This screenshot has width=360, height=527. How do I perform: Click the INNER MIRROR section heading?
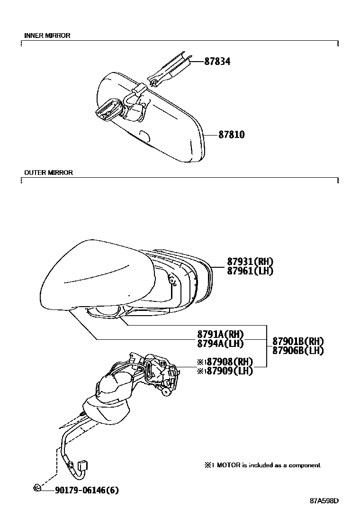click(x=47, y=36)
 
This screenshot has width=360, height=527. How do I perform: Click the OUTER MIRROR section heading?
click(x=48, y=173)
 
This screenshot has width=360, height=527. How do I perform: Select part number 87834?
click(x=217, y=61)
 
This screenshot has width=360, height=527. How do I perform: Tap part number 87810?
click(x=231, y=135)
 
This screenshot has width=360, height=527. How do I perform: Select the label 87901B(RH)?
click(x=298, y=341)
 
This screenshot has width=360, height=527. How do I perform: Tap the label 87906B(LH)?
click(x=298, y=351)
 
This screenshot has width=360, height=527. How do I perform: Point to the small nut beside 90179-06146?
click(x=37, y=488)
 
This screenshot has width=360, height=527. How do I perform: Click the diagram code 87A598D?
click(x=325, y=500)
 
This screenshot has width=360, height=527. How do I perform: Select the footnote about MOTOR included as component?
click(x=262, y=465)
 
